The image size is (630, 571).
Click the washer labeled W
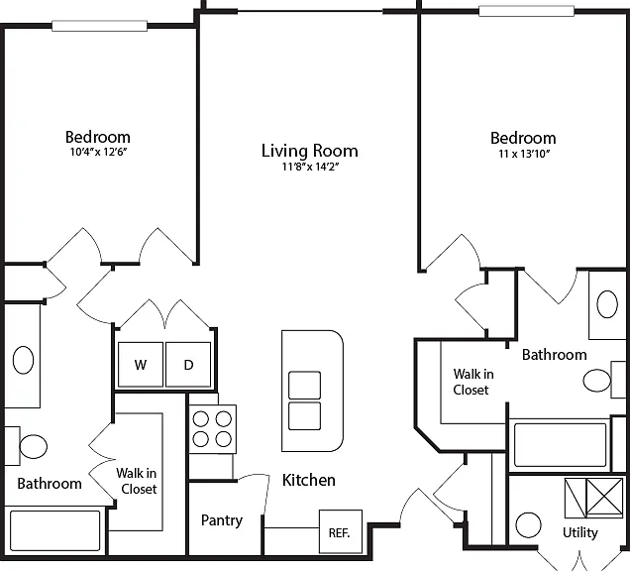tap(141, 365)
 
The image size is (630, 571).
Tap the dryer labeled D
tap(188, 365)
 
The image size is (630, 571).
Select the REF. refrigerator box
tap(341, 531)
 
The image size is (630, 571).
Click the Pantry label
tap(222, 520)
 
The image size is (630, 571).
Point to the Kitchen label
tap(309, 480)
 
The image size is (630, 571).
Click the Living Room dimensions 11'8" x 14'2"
tap(310, 167)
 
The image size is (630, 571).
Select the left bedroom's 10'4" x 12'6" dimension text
tap(99, 152)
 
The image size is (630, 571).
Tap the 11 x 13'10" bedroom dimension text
tap(524, 154)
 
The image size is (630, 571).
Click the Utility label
tap(580, 532)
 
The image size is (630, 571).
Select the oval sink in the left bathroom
tap(24, 360)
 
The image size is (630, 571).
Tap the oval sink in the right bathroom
tap(607, 304)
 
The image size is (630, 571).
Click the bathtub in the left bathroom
tap(55, 530)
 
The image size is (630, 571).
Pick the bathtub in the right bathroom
tap(561, 444)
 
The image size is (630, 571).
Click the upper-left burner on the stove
tap(200, 419)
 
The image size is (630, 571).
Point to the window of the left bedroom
tap(100, 26)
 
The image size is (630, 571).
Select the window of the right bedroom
tap(526, 11)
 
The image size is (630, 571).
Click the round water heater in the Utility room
tap(528, 525)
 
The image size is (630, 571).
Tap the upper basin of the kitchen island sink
tap(304, 386)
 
